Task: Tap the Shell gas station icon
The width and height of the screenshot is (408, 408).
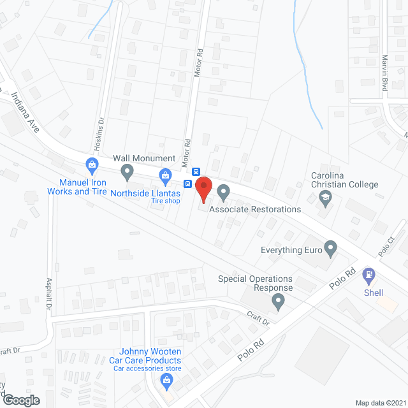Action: click(x=368, y=276)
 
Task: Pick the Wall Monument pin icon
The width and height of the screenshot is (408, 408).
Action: click(x=127, y=171)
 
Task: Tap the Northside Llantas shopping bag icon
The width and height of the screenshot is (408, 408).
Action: click(x=165, y=174)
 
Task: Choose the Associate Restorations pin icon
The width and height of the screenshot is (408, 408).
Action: click(x=223, y=191)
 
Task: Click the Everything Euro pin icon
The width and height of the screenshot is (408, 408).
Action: click(x=330, y=248)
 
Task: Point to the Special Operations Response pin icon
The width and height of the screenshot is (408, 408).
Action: click(x=278, y=303)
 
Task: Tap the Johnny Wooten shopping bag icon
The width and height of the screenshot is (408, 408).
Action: click(x=167, y=382)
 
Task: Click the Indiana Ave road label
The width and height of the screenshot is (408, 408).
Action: click(x=25, y=112)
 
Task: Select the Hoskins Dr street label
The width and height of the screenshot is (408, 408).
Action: click(x=99, y=135)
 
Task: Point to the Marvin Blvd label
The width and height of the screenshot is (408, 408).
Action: click(x=385, y=72)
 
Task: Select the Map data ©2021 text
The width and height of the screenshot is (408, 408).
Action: click(x=379, y=403)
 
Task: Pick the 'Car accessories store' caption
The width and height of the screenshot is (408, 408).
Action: click(x=145, y=368)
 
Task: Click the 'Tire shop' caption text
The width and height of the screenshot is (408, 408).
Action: click(x=165, y=201)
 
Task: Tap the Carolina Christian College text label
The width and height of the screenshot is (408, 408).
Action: click(x=344, y=180)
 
